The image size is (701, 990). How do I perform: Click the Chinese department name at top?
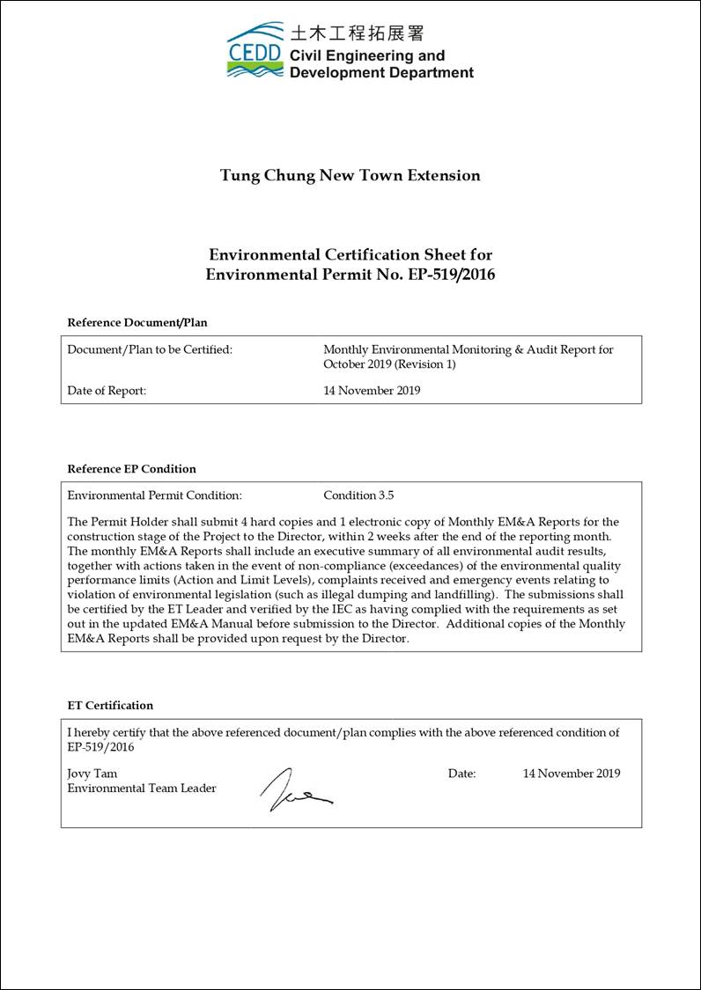pyautogui.click(x=357, y=33)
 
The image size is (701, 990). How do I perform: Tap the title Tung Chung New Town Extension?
pyautogui.click(x=350, y=175)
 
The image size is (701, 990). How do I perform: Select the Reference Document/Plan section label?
pyautogui.click(x=137, y=323)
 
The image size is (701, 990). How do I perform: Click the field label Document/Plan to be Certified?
pyautogui.click(x=150, y=349)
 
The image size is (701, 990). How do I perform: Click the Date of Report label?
pyautogui.click(x=107, y=391)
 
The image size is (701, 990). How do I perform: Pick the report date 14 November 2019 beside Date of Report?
pyautogui.click(x=372, y=391)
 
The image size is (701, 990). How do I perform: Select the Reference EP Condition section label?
pyautogui.click(x=131, y=469)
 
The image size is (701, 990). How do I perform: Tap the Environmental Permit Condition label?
pyautogui.click(x=154, y=495)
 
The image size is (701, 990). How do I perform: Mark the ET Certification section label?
pyautogui.click(x=110, y=706)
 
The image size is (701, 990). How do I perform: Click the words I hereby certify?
pyautogui.click(x=103, y=732)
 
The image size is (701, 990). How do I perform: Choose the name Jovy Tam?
pyautogui.click(x=92, y=774)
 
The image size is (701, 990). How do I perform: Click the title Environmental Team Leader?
pyautogui.click(x=142, y=788)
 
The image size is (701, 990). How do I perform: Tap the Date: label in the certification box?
pyautogui.click(x=461, y=774)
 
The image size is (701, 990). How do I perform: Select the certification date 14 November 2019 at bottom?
pyautogui.click(x=572, y=774)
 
